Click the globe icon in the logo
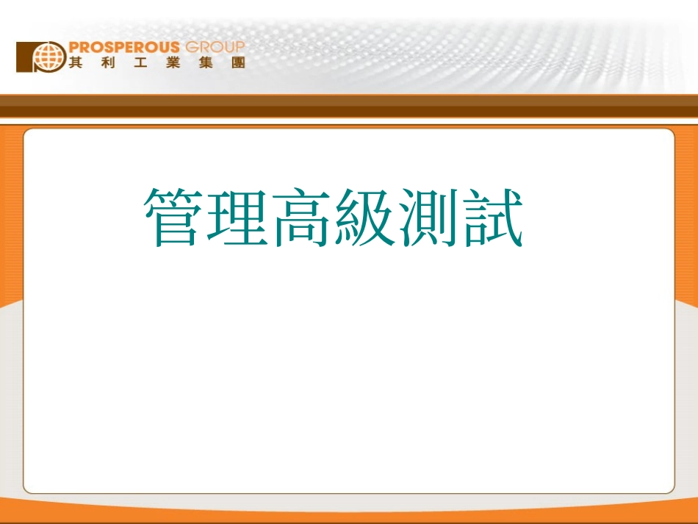[49, 56]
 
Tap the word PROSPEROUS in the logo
[124, 48]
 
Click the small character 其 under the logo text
[75, 62]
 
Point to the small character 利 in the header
[107, 62]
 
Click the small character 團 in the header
[237, 62]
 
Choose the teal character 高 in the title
[301, 218]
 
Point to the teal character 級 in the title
[364, 218]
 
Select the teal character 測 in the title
[428, 218]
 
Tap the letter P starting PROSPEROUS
[74, 48]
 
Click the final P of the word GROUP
[239, 48]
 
